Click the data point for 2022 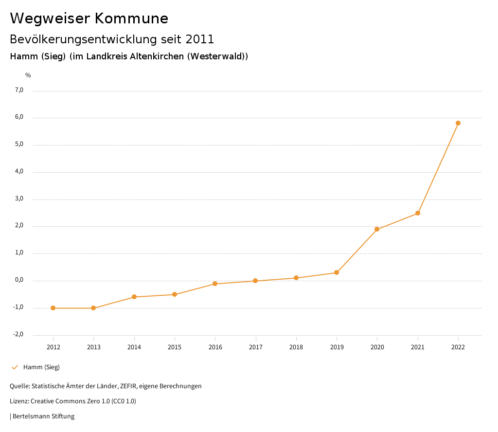[458, 123]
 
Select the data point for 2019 [337, 272]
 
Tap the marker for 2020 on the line [377, 229]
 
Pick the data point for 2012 [53, 308]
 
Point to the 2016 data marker [215, 284]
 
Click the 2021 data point [418, 213]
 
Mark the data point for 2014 [134, 297]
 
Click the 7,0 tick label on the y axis [19, 90]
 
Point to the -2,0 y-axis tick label [18, 334]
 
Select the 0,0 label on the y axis [19, 280]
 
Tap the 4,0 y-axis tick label [19, 172]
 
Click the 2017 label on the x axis [256, 347]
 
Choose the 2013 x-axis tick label [94, 347]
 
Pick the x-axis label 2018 [296, 347]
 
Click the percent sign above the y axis [28, 75]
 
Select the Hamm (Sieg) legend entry [41, 367]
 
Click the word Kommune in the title [131, 18]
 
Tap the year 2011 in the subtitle [200, 39]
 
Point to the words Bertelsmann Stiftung [43, 416]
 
